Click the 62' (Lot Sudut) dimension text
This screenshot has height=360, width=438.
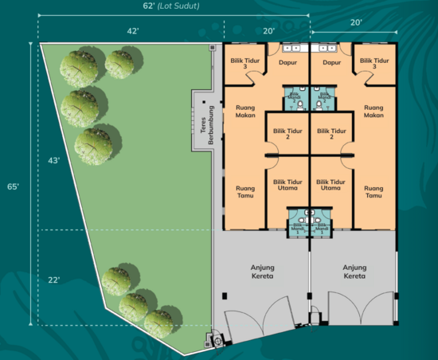[166, 6]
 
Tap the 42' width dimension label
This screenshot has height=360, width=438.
[133, 31]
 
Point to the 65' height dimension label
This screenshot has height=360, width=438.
[14, 186]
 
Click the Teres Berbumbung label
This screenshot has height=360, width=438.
[204, 124]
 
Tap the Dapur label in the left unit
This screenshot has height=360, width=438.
[287, 62]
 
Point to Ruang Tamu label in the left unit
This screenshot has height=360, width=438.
[244, 192]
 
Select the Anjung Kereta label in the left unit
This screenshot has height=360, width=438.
[261, 272]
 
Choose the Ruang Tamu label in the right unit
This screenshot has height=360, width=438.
[373, 192]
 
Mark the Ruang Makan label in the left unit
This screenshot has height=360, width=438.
[244, 112]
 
